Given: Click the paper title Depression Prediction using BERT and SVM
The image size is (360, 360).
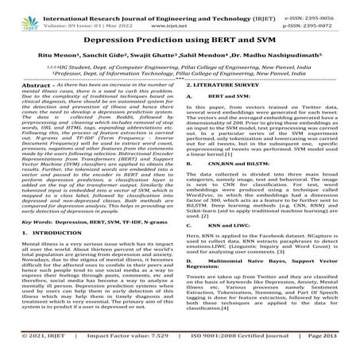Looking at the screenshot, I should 180,40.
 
